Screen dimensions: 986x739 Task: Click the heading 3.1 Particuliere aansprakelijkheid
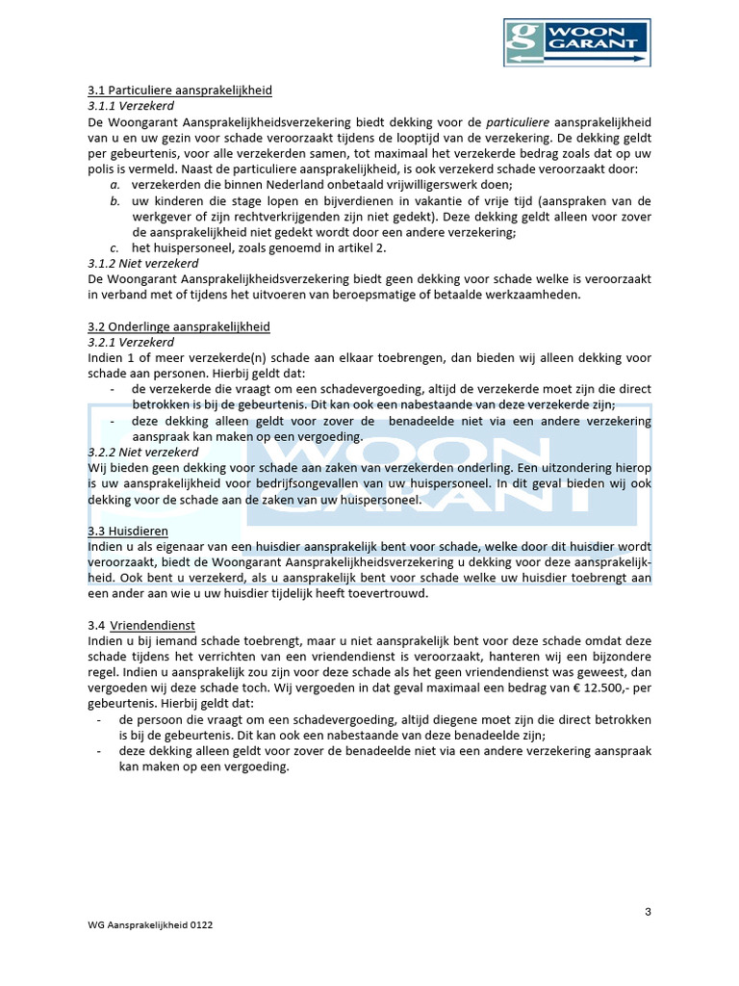(x=179, y=91)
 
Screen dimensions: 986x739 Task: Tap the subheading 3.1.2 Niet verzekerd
(x=142, y=263)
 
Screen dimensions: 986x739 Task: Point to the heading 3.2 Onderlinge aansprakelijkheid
(x=178, y=325)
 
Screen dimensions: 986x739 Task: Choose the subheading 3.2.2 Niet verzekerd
(x=142, y=452)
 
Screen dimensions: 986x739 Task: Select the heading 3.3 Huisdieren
(x=127, y=531)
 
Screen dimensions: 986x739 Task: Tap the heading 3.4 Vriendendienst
(x=140, y=625)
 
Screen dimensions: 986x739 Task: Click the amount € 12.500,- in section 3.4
(x=595, y=688)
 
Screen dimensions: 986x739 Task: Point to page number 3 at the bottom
(x=648, y=912)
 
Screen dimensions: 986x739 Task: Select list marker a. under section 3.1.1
(x=114, y=185)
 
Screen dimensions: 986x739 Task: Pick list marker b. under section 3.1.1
(x=114, y=200)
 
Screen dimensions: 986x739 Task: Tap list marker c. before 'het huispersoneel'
(x=114, y=247)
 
